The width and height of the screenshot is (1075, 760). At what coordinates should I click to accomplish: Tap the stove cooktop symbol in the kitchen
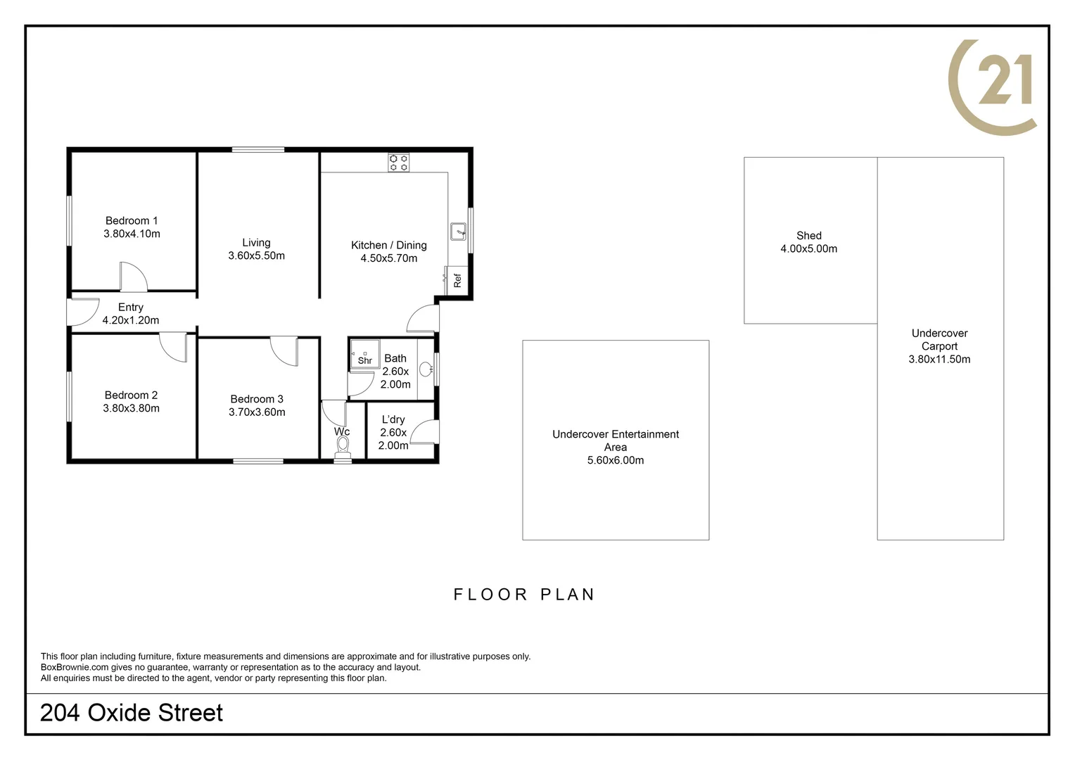(x=398, y=163)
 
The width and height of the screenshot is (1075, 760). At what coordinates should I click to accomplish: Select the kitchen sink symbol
(x=458, y=231)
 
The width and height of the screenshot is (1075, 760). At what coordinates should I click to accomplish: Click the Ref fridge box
(x=457, y=280)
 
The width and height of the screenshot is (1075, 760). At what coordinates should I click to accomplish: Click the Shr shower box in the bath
(x=364, y=355)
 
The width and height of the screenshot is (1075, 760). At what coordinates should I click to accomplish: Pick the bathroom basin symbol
(x=426, y=369)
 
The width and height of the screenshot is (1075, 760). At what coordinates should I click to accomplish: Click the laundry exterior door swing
(x=425, y=431)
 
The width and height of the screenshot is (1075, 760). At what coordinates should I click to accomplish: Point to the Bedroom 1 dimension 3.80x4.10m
(x=132, y=234)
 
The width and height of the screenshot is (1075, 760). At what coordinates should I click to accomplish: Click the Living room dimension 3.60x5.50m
(x=256, y=255)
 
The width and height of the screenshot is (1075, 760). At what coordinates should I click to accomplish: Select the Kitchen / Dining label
(x=388, y=245)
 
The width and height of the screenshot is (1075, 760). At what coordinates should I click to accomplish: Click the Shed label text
(x=808, y=236)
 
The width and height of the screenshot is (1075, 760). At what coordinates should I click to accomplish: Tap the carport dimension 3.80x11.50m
(x=939, y=359)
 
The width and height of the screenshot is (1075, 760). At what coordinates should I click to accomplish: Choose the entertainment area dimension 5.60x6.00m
(x=615, y=460)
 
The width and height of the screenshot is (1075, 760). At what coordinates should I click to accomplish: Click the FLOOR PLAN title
(x=524, y=595)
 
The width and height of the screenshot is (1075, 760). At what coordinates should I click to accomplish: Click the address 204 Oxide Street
(x=132, y=713)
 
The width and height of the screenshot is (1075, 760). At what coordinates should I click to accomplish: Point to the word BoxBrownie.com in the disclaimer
(x=75, y=667)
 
